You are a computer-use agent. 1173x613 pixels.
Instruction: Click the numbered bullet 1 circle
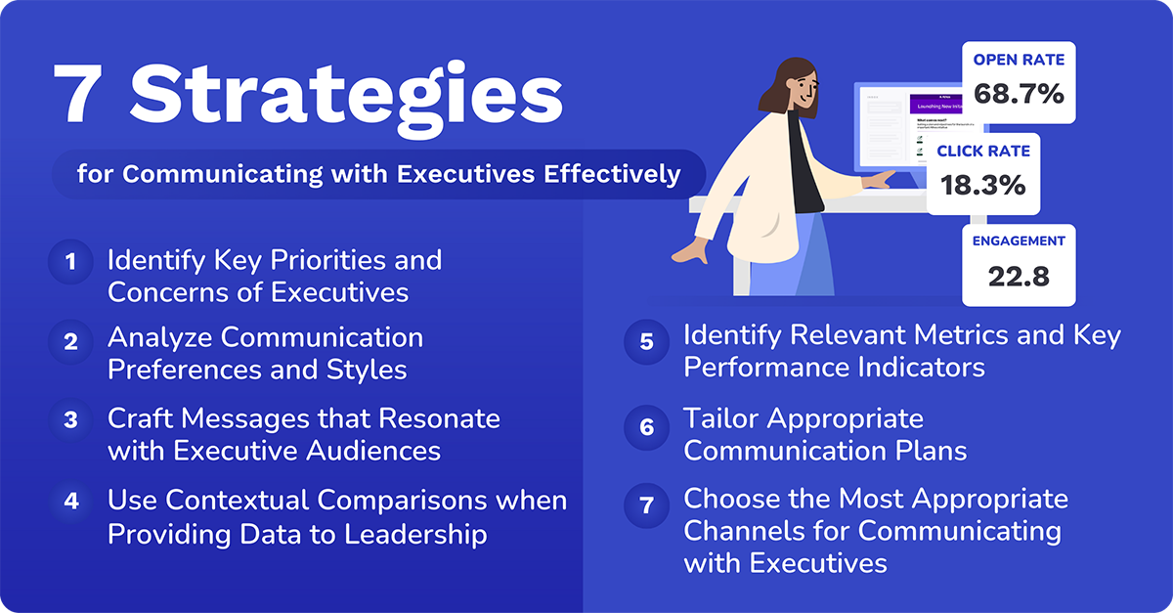[x=70, y=262]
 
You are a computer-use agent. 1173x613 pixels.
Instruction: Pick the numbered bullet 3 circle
[x=70, y=420]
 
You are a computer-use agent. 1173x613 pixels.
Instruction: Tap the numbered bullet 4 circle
[x=70, y=502]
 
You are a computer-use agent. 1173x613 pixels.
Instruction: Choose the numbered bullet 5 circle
[x=646, y=341]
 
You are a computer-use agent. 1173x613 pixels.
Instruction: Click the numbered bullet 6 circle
[x=646, y=427]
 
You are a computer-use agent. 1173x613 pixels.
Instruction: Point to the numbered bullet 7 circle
[x=646, y=506]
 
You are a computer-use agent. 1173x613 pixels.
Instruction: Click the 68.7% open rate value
[x=1019, y=95]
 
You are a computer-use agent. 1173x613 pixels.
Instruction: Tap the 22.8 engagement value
[x=1019, y=277]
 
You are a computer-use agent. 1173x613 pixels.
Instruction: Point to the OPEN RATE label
[x=1019, y=61]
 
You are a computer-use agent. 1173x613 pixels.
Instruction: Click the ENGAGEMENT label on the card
[x=1019, y=241]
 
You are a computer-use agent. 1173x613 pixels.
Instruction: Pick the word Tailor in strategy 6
[x=721, y=418]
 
